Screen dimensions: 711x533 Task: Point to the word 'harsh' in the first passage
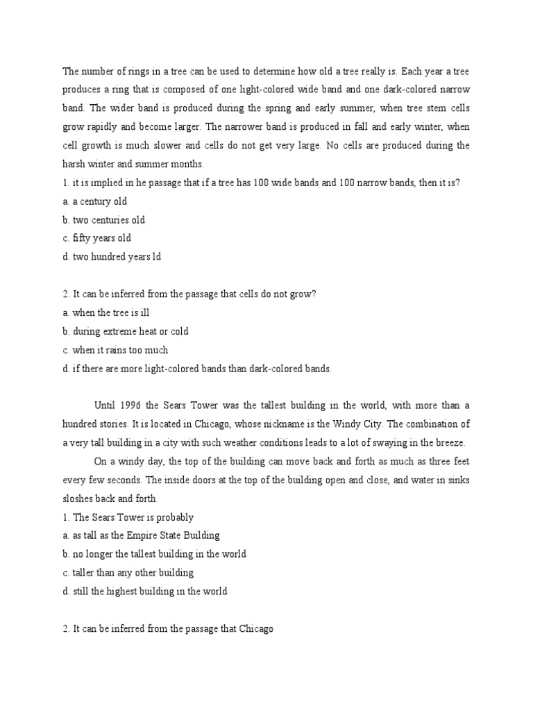tap(75, 165)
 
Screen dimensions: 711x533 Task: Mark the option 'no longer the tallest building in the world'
tap(159, 554)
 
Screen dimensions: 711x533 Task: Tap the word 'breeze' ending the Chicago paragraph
tap(450, 443)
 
